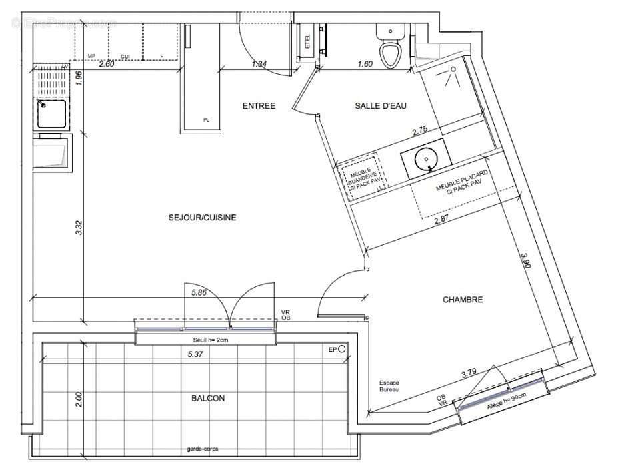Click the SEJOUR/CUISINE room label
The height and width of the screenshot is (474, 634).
(x=202, y=218)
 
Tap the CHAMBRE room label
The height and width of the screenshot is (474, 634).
(x=463, y=300)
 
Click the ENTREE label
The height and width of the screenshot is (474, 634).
(x=259, y=105)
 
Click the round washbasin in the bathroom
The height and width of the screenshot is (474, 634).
(x=425, y=159)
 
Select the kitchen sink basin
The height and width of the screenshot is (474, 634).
(x=51, y=114)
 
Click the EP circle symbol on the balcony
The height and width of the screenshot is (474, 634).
(x=342, y=349)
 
